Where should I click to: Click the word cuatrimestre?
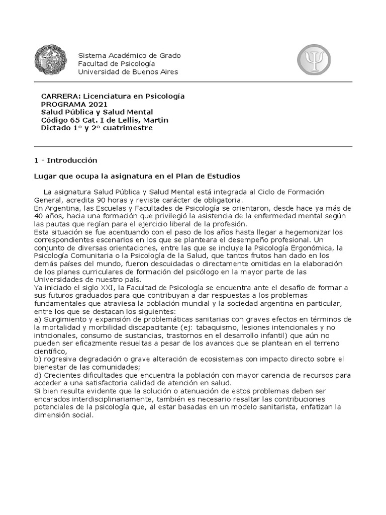pos(127,128)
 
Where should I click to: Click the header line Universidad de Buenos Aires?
pos(128,71)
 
